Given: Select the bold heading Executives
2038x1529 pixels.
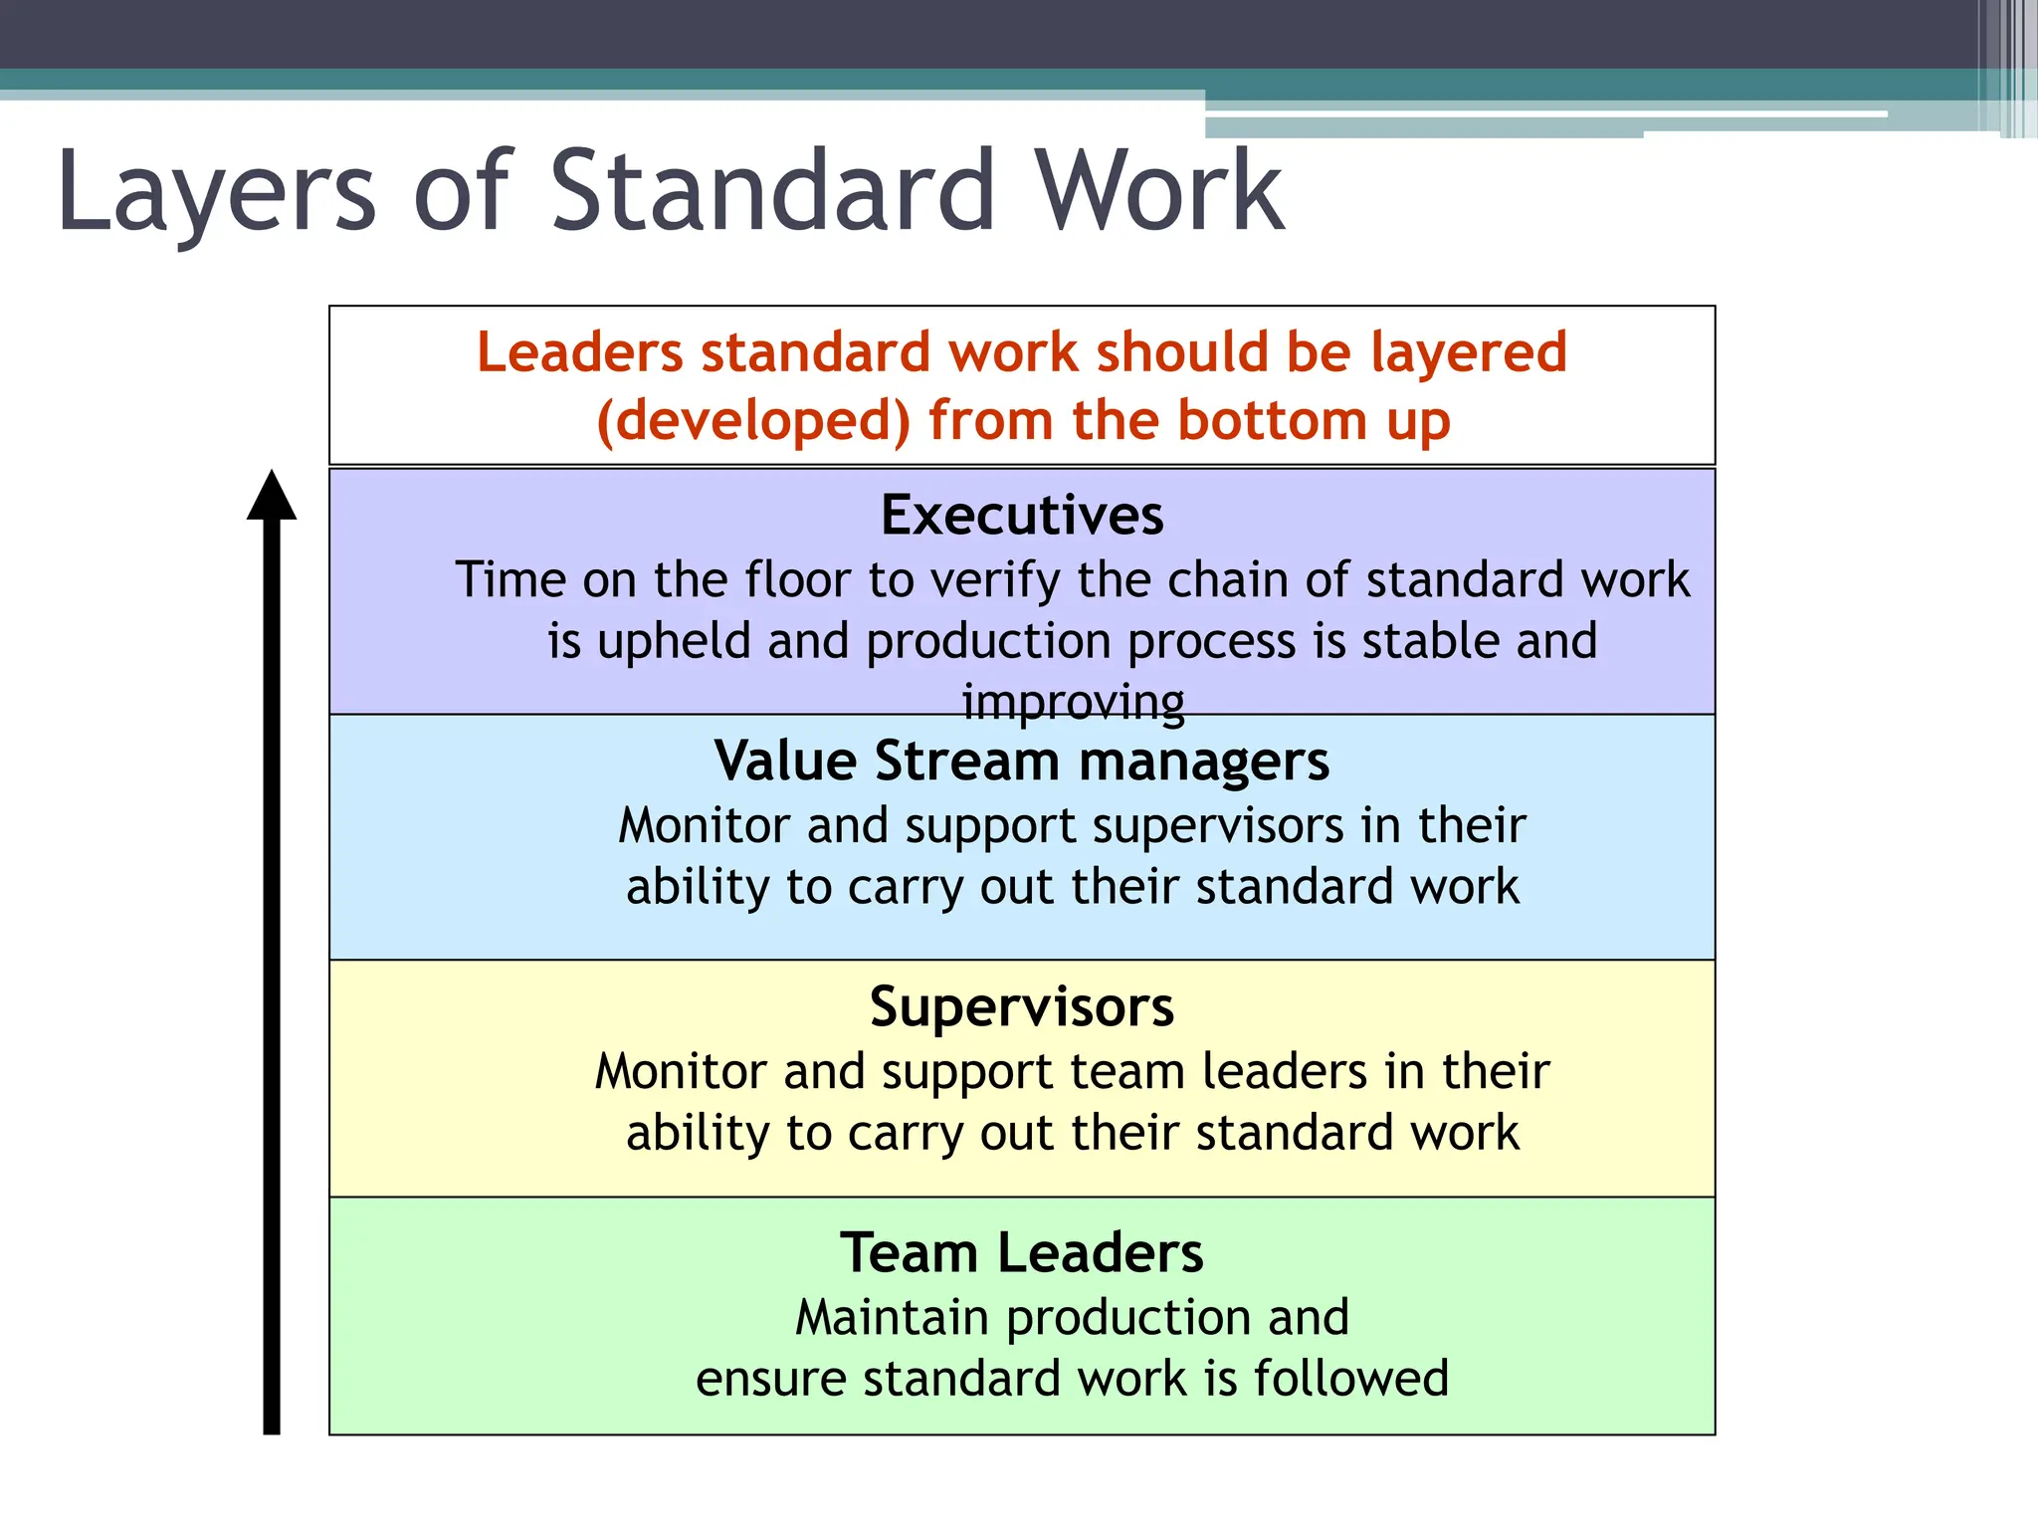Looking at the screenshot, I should pos(1022,516).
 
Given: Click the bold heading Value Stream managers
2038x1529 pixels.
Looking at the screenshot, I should pos(1022,762).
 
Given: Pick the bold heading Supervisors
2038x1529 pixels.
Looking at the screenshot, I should pos(1022,1007).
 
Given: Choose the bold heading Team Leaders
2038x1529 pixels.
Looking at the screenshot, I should pos(1022,1252).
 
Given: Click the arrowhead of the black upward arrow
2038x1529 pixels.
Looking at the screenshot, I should pos(272,495).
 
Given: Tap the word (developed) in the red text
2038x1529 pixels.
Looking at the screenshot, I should pos(753,420).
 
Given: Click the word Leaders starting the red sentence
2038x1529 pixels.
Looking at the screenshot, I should pos(579,352).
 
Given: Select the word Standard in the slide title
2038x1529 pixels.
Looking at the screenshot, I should pos(772,191).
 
